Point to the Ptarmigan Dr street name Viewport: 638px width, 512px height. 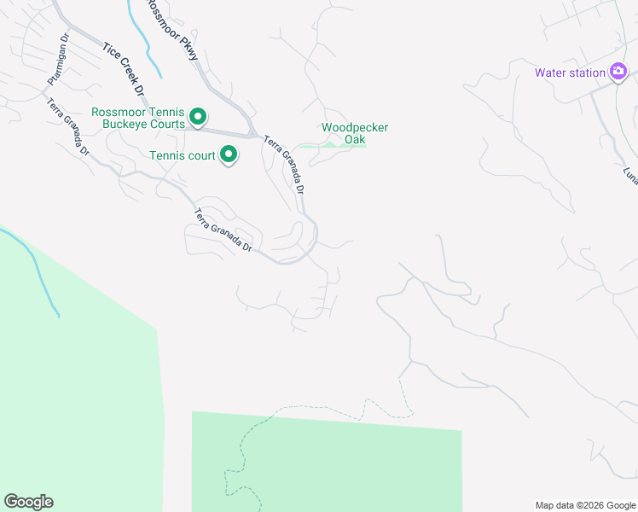tap(57, 61)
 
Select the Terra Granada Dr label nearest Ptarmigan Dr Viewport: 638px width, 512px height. tap(69, 128)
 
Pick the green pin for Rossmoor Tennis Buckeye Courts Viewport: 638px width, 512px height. tap(198, 116)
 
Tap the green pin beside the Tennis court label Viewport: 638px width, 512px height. tap(229, 154)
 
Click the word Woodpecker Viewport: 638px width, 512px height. tap(355, 128)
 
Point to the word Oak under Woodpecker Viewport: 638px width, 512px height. tap(355, 139)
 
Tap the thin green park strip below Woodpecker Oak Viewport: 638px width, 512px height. tap(337, 147)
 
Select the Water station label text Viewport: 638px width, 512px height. tap(570, 73)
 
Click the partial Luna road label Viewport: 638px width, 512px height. tap(629, 177)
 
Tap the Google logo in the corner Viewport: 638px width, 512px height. tap(28, 502)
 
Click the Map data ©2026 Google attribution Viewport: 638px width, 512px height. tap(585, 505)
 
